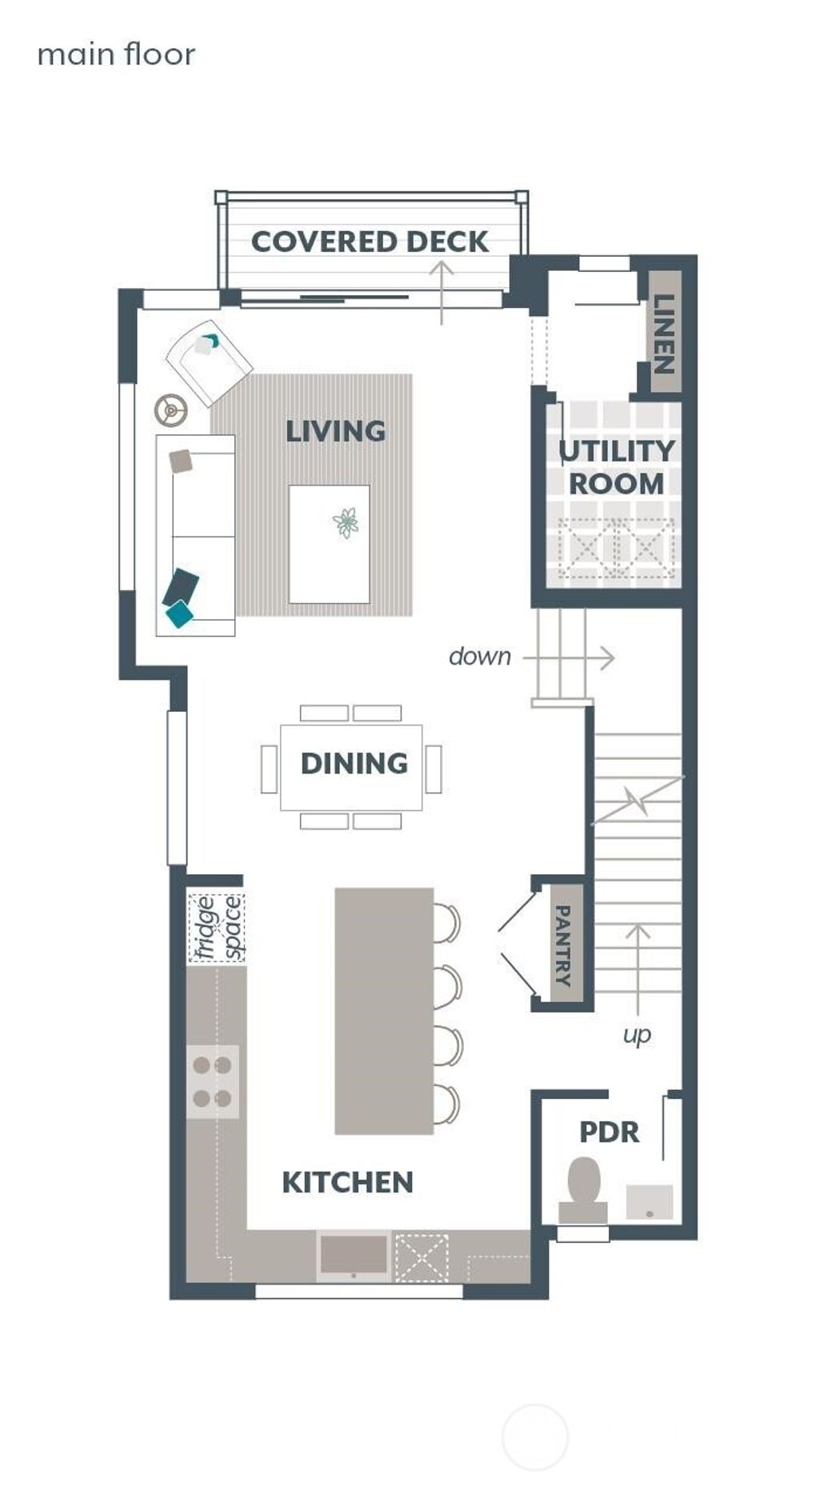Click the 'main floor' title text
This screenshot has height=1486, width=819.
tap(116, 54)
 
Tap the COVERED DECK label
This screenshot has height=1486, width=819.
tap(369, 242)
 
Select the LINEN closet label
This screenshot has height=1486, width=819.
tap(663, 334)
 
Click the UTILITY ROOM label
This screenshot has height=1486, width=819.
tap(616, 467)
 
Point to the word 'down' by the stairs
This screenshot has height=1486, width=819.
tap(479, 657)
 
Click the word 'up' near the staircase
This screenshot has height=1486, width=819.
tap(637, 1034)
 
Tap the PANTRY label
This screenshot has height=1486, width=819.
tap(563, 945)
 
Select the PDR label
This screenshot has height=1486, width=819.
tap(609, 1132)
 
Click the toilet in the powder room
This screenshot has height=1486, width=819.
tap(583, 1188)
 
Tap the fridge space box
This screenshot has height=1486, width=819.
tap(217, 928)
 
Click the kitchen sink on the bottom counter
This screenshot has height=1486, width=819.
tap(354, 1254)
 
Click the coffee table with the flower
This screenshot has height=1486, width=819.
tap(330, 544)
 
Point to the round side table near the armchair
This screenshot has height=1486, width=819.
tap(170, 410)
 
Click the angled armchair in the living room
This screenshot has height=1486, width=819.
tap(209, 363)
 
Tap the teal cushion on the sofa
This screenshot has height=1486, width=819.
tap(179, 613)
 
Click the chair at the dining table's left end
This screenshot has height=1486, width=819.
tap(269, 769)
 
